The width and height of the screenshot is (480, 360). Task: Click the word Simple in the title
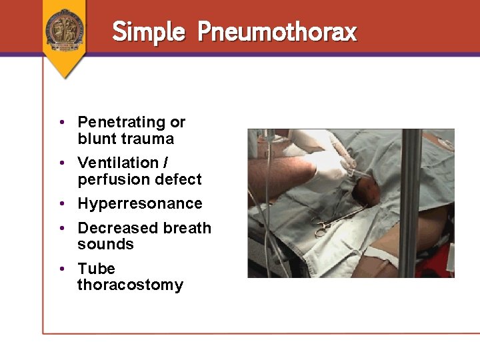tap(148, 31)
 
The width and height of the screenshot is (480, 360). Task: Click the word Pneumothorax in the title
tap(277, 31)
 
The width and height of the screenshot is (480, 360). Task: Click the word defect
tap(178, 179)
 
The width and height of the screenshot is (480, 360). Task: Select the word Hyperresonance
tap(139, 203)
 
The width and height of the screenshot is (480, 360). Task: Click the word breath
tap(187, 228)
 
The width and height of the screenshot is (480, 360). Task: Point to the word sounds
tap(105, 244)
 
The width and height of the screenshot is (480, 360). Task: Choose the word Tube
tap(96, 269)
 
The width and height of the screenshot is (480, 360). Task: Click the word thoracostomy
tap(130, 285)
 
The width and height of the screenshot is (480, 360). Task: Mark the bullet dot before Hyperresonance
tap(61, 203)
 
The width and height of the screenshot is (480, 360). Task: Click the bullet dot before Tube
tap(61, 269)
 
